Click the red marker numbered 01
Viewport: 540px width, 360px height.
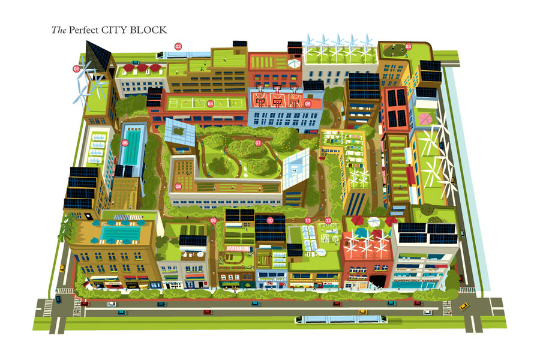[x=77, y=69]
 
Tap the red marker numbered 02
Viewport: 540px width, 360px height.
[x=178, y=46]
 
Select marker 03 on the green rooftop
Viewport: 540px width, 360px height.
[x=409, y=46]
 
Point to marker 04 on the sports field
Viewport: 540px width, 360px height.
[x=211, y=103]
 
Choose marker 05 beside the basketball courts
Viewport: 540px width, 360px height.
[x=308, y=103]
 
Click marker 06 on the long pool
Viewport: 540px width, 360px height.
[x=125, y=143]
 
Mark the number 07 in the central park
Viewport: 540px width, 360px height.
[x=259, y=143]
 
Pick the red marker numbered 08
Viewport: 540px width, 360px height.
[x=178, y=186]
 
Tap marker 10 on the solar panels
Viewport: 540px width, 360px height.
[x=271, y=221]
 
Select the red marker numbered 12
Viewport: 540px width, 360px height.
[x=328, y=221]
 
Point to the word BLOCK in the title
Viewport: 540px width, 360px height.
[x=151, y=29]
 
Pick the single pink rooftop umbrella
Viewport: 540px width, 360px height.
[x=425, y=118]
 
